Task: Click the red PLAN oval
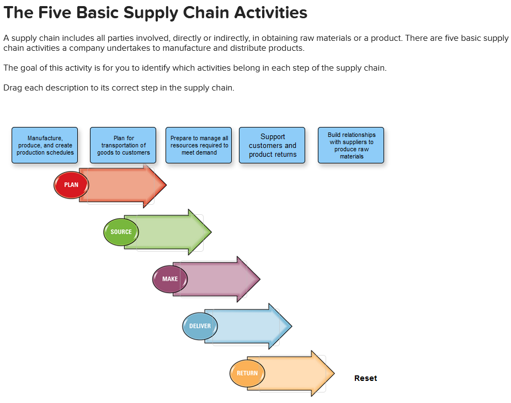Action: coord(71,185)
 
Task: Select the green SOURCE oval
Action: coord(121,232)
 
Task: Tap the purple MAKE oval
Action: coord(170,279)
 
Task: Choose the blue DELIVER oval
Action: coord(200,326)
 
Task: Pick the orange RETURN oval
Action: coord(247,373)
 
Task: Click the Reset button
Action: coord(365,378)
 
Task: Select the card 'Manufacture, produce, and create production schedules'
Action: coord(45,145)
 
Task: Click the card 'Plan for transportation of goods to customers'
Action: coord(123,145)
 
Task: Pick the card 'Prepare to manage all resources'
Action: coord(199,145)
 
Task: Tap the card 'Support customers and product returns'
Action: coord(272,145)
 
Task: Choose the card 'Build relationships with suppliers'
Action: coord(351,145)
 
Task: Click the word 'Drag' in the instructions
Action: coord(12,88)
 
